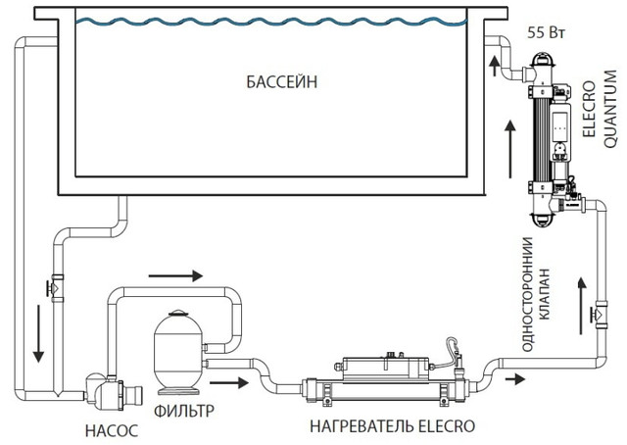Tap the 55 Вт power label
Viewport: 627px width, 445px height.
coord(545,31)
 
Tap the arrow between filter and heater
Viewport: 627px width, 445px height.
coord(224,381)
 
